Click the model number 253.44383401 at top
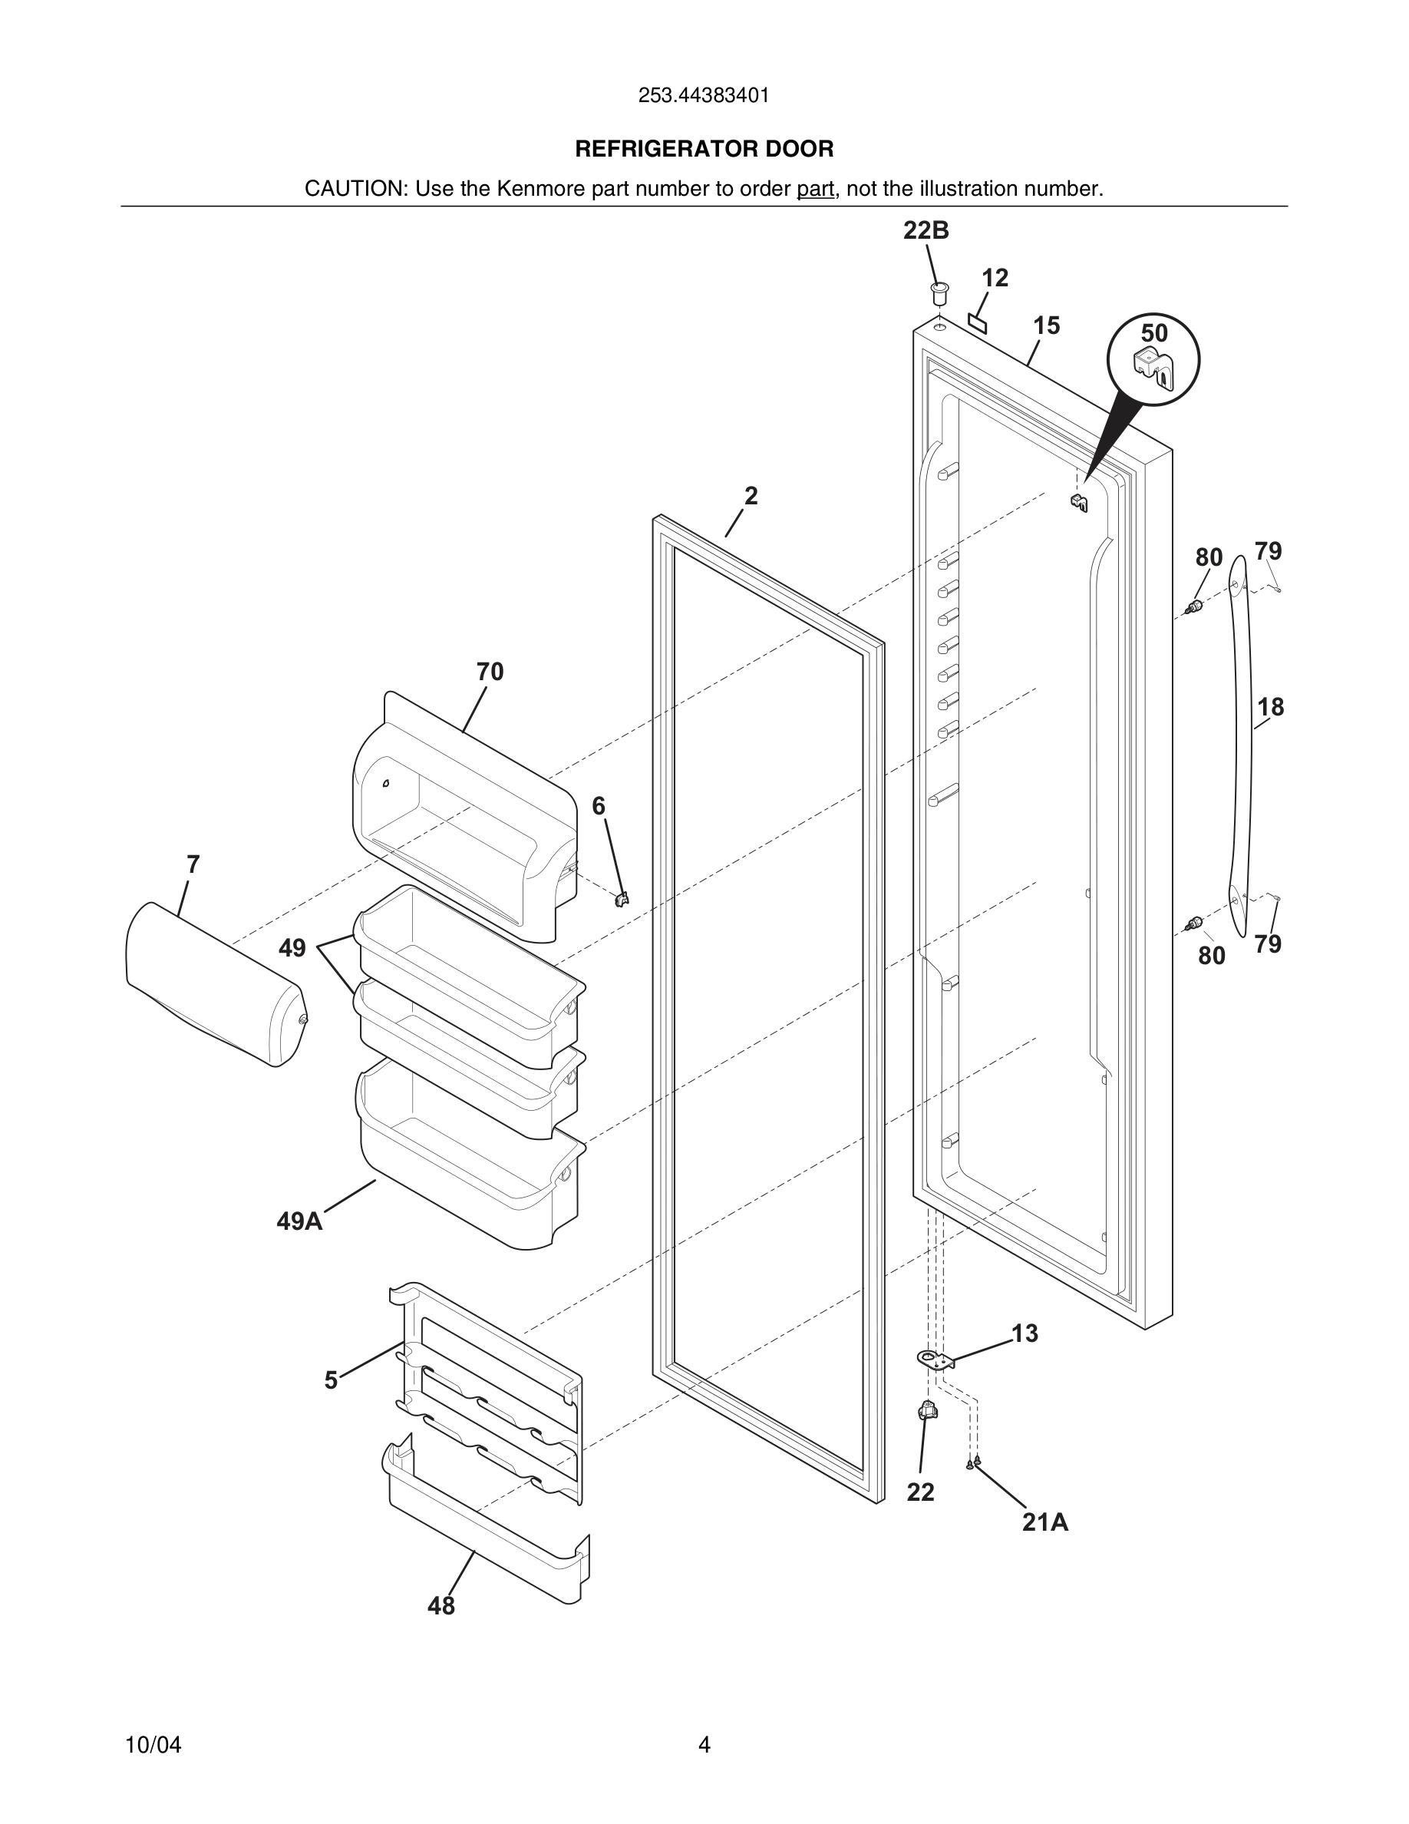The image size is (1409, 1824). tap(704, 96)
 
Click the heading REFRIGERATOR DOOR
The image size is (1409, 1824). tap(704, 150)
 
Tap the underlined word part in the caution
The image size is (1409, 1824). tap(815, 190)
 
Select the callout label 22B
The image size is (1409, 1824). tap(926, 230)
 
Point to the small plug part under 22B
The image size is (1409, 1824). tap(940, 294)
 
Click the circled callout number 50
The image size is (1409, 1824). tap(1153, 333)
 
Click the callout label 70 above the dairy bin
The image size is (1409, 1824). tap(490, 672)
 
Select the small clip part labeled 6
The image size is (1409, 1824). tap(621, 899)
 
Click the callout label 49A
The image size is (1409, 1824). tap(299, 1222)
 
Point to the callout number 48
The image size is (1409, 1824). tap(441, 1606)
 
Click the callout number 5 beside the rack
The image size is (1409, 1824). tap(331, 1380)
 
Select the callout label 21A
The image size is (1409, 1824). tap(1045, 1522)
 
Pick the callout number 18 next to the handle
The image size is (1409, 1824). tap(1270, 707)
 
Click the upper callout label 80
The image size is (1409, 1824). tap(1209, 557)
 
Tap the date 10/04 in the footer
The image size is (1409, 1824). tap(153, 1745)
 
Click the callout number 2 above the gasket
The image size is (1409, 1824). tap(751, 496)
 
